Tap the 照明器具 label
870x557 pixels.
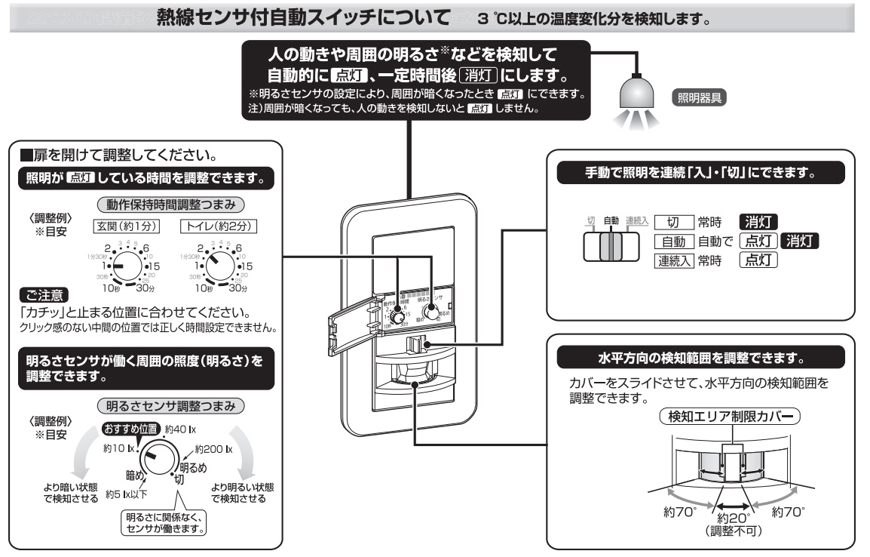coord(699,99)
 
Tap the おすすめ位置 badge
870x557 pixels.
coord(130,429)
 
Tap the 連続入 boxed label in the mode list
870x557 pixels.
coord(673,260)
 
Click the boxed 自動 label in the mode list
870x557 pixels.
coord(673,242)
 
